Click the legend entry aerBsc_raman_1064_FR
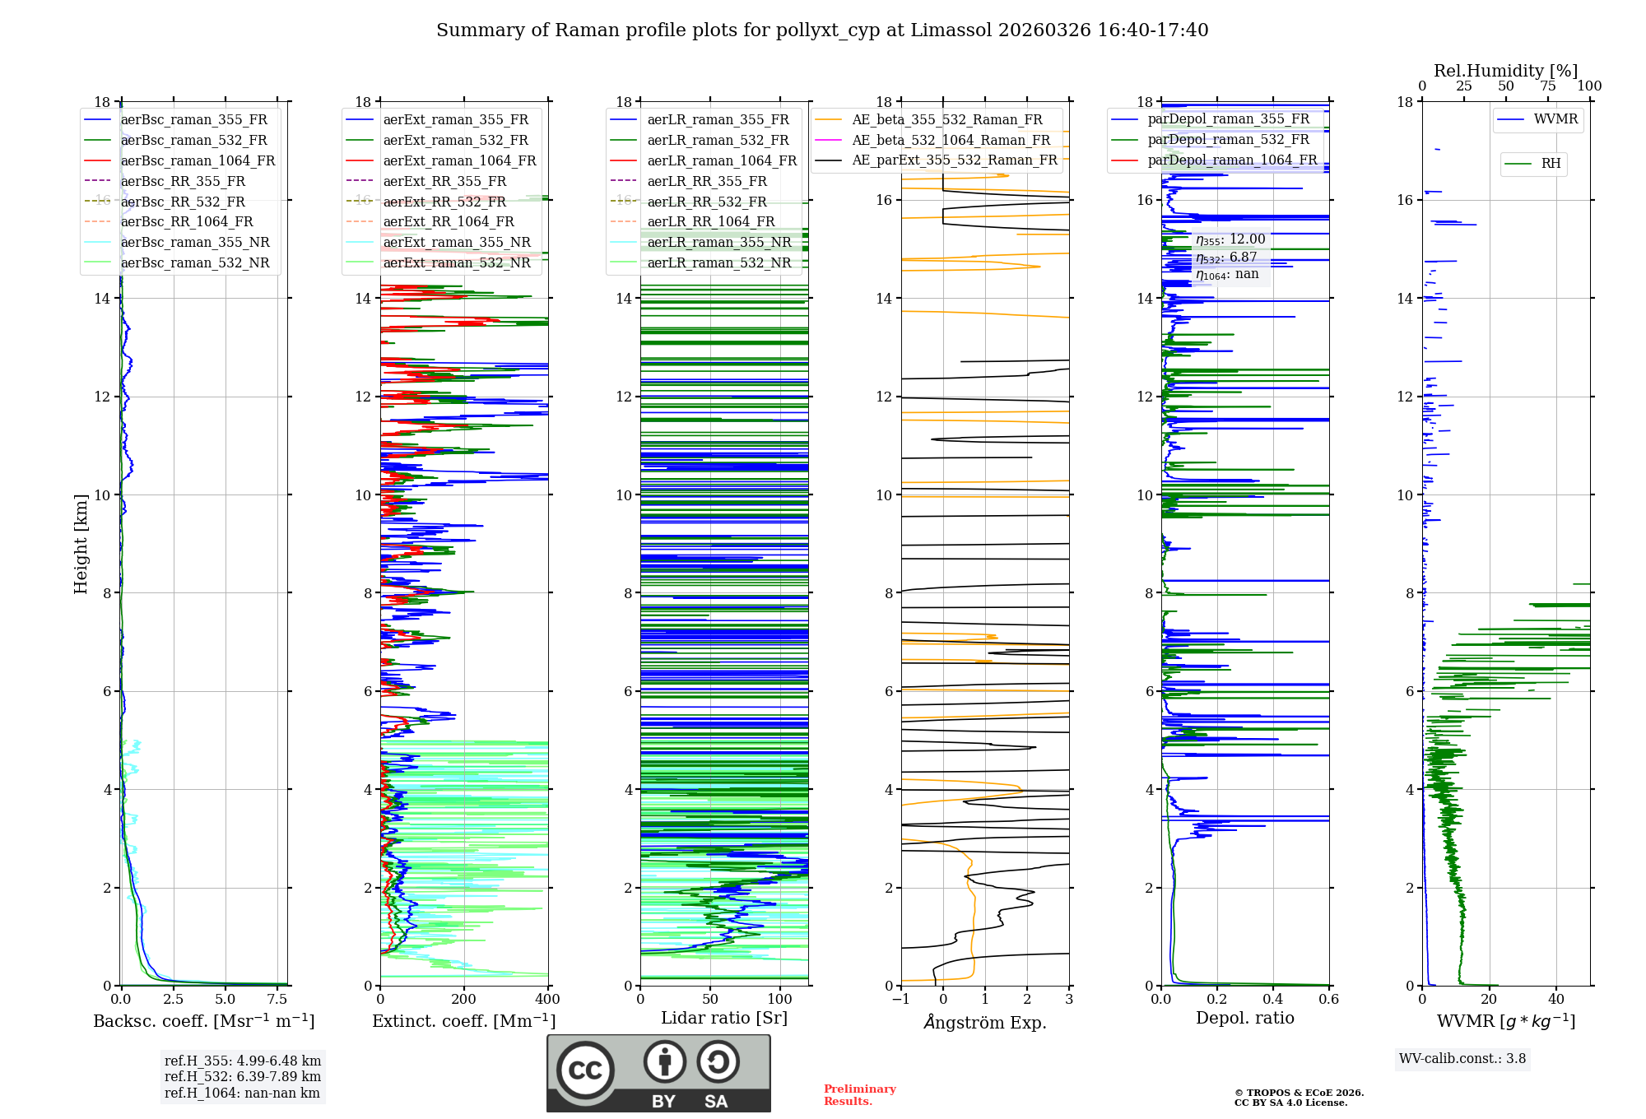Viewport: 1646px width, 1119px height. click(x=198, y=161)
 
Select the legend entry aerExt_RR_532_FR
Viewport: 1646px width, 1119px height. click(x=444, y=202)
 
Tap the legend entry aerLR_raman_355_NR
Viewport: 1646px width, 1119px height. click(x=718, y=242)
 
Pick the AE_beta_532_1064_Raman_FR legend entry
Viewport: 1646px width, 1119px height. click(x=951, y=141)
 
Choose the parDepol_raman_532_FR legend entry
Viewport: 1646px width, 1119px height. click(x=1228, y=140)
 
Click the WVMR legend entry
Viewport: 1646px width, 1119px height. click(x=1555, y=119)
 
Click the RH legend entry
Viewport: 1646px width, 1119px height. click(x=1551, y=164)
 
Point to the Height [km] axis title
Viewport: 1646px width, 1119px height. click(x=81, y=543)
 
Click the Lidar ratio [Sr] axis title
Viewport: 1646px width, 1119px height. click(x=724, y=1018)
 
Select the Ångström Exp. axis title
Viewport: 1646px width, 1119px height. click(x=985, y=1023)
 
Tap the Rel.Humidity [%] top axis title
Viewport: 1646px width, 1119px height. click(x=1505, y=71)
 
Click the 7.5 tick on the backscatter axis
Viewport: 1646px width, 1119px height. click(x=278, y=1000)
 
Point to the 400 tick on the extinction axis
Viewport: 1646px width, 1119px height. click(x=547, y=1000)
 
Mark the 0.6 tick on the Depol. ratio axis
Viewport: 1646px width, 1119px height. click(x=1328, y=1000)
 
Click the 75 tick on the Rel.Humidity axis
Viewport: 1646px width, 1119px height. click(x=1548, y=86)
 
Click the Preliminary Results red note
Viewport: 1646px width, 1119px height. click(x=859, y=1095)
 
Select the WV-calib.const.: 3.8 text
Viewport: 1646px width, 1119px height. click(x=1462, y=1059)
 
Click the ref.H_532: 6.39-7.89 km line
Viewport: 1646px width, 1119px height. click(x=243, y=1077)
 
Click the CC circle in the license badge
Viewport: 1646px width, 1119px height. click(x=585, y=1070)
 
